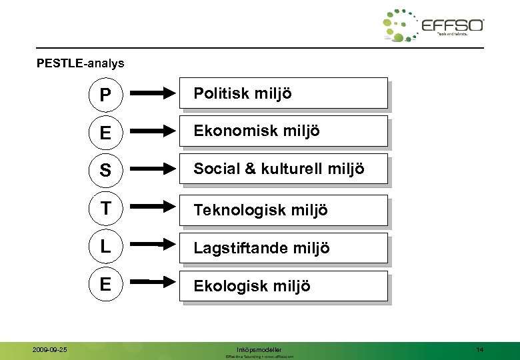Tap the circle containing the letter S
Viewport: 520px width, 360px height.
(105, 171)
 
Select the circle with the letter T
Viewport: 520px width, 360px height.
(105, 209)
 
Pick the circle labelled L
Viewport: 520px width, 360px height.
(105, 247)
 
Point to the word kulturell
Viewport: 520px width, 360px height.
(288, 169)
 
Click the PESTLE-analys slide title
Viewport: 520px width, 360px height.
(80, 65)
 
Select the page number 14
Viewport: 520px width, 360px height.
(480, 349)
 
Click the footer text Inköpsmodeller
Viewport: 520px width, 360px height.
(259, 349)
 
